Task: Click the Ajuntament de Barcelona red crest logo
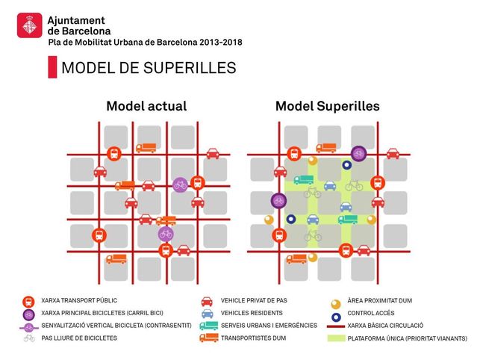(x=30, y=25)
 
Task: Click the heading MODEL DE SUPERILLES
(x=149, y=67)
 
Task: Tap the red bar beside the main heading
(x=52, y=67)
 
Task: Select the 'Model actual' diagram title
(x=146, y=106)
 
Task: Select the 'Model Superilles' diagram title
(x=328, y=106)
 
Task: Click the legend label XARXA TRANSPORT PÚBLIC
(x=79, y=300)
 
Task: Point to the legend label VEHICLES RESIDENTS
(x=252, y=313)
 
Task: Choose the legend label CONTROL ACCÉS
(x=371, y=313)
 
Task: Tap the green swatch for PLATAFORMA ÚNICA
(x=336, y=338)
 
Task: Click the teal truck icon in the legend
(x=209, y=326)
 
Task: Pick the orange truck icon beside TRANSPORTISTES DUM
(x=209, y=338)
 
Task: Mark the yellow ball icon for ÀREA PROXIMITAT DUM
(x=336, y=304)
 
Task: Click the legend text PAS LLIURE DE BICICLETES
(x=79, y=338)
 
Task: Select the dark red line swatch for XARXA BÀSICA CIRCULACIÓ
(x=336, y=326)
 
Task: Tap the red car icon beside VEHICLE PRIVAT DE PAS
(x=207, y=302)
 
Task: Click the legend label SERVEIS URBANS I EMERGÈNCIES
(x=269, y=326)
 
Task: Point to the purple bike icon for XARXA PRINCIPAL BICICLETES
(x=29, y=314)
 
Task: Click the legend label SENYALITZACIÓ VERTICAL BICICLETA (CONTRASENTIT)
(x=116, y=326)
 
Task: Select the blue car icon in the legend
(x=207, y=314)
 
